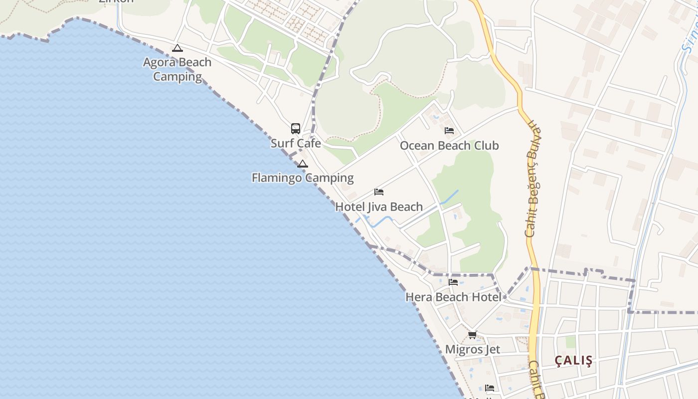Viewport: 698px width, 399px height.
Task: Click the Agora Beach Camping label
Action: click(177, 69)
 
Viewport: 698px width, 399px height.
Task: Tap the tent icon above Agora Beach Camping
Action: click(177, 48)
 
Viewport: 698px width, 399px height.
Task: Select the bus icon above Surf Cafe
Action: click(296, 129)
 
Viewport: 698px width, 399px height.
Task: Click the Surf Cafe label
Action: click(296, 144)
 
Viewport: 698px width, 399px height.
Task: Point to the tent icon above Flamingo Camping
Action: click(303, 164)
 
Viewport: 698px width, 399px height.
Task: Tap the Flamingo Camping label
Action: click(303, 178)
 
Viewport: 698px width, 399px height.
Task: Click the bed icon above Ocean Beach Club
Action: click(449, 131)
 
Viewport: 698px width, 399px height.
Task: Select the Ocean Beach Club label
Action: click(449, 146)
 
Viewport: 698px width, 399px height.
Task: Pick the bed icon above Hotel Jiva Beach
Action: click(379, 192)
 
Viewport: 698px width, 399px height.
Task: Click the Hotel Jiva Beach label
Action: click(379, 206)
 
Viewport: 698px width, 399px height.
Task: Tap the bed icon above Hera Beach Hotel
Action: click(453, 282)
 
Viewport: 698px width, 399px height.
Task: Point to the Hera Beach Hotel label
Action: click(453, 297)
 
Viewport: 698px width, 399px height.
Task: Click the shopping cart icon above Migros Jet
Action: click(472, 335)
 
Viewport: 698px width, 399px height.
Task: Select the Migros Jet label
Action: click(472, 349)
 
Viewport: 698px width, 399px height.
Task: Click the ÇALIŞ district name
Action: click(574, 361)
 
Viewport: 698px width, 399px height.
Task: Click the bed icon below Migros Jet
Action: click(490, 388)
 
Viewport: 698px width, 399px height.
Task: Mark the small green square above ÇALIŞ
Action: click(570, 342)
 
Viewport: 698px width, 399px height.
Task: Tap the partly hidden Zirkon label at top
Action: click(116, 1)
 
